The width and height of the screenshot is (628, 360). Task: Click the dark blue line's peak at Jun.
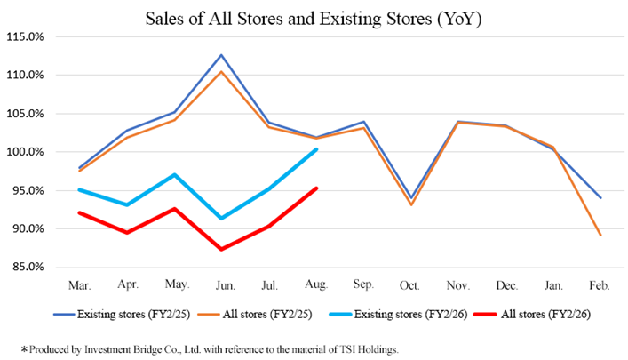[x=222, y=55]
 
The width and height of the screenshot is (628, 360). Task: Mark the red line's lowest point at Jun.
[x=222, y=249]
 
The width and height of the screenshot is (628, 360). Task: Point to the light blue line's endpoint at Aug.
[x=317, y=148]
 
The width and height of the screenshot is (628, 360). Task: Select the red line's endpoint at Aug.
[x=317, y=188]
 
